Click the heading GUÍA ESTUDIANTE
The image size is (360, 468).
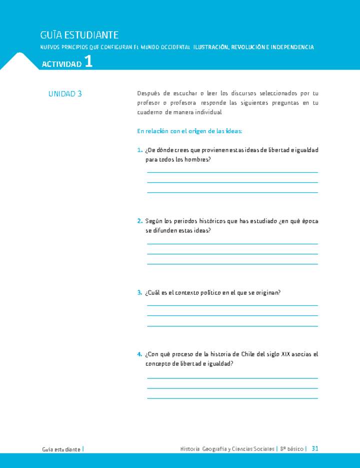pos(79,35)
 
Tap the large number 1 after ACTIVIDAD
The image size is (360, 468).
pos(88,62)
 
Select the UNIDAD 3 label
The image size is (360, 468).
pos(65,94)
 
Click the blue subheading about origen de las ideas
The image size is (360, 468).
pos(189,131)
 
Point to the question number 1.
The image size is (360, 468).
pos(139,150)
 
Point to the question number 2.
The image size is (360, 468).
pos(139,221)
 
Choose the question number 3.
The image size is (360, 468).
pos(139,293)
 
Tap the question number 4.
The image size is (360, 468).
pos(139,354)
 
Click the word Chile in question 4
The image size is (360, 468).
pos(248,354)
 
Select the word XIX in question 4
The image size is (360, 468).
pos(280,354)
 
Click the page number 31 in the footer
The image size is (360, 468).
pos(315,449)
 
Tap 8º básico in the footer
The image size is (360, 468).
pos(291,449)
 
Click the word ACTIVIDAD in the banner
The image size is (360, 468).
pos(61,65)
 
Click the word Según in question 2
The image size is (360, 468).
pos(154,221)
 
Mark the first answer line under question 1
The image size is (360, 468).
pos(232,172)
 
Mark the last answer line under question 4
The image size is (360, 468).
pos(232,398)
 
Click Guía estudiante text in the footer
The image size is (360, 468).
pos(61,449)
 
